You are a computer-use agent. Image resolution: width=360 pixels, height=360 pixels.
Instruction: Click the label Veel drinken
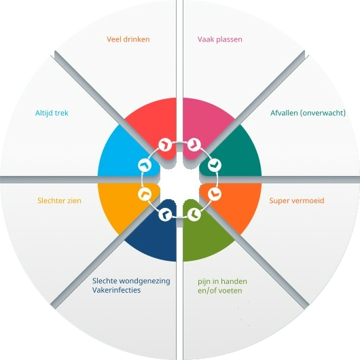128,39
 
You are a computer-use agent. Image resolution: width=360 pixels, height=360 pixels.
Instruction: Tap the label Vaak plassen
219,39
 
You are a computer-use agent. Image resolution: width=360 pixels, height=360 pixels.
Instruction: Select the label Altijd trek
52,113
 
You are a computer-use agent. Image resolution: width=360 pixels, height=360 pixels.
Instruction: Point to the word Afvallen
284,113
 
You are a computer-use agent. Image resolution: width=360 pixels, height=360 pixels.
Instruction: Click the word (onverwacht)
323,113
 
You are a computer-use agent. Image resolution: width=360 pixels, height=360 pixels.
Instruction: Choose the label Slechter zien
59,200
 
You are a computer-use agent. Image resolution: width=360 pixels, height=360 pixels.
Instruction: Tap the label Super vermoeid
297,200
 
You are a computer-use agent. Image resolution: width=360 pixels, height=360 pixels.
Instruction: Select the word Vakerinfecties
116,290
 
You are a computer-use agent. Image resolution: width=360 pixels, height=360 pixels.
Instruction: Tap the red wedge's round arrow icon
165,145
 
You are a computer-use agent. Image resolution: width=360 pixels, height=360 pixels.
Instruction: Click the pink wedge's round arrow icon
194,145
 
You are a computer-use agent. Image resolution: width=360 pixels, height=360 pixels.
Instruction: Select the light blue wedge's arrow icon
145,165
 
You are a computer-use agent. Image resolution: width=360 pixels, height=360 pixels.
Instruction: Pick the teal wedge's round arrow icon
215,165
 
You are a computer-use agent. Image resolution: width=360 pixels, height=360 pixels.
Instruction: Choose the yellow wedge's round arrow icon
145,194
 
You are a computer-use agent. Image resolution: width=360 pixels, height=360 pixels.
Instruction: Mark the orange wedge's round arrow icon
215,194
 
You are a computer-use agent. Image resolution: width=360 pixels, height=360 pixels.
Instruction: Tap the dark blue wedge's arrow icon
165,215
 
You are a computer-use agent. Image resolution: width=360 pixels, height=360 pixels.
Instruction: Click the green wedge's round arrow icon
194,215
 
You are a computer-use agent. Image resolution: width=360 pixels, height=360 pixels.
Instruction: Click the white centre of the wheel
180,180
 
